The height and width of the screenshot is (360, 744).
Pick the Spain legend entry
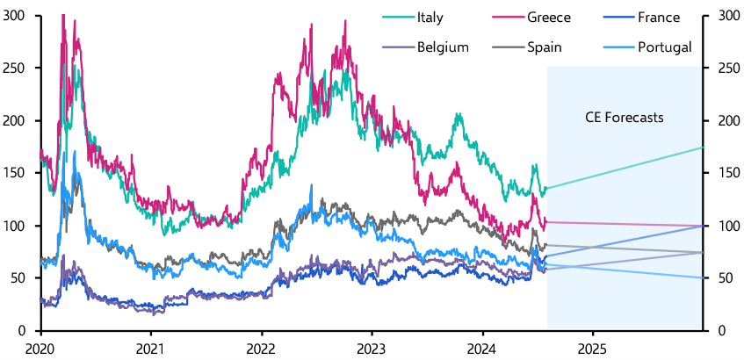545,47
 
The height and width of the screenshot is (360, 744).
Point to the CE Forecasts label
625,118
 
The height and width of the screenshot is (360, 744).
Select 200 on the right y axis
726,120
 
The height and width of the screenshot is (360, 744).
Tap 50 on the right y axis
723,278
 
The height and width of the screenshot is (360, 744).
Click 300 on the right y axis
726,15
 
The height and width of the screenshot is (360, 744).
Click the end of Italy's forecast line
703,148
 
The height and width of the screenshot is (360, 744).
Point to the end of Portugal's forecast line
703,277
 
